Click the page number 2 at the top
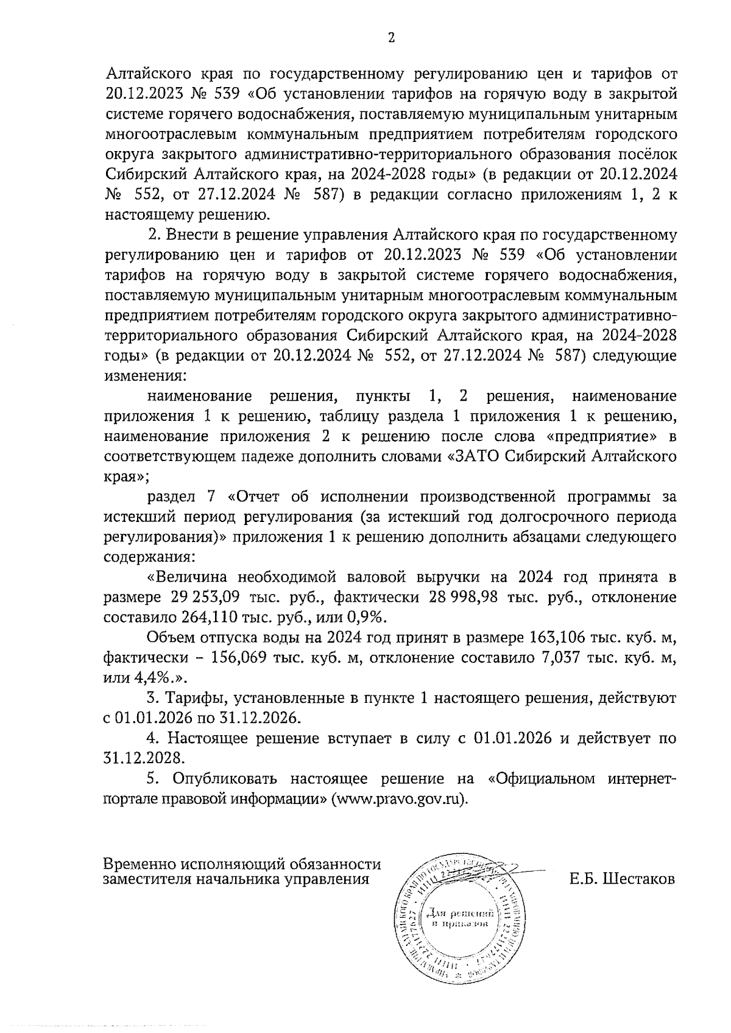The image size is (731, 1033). click(391, 38)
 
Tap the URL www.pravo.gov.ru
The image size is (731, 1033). click(397, 799)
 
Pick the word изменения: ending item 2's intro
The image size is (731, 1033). click(145, 375)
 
